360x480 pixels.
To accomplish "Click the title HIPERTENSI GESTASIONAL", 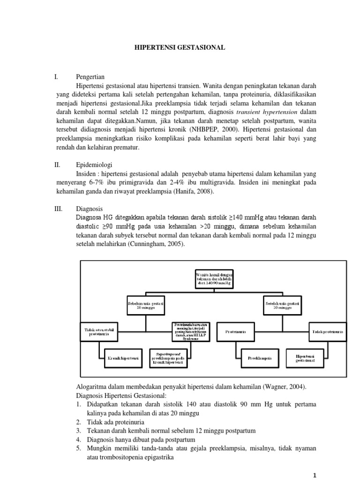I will (180, 47).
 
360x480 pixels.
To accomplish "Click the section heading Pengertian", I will (90, 77).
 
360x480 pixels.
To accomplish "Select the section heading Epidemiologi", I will (94, 165).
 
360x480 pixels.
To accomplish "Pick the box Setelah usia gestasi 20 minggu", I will (282, 306).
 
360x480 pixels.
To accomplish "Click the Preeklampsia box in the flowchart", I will (260, 359).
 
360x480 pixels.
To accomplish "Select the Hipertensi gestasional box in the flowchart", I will (305, 358).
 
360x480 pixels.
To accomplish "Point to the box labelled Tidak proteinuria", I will (328, 331).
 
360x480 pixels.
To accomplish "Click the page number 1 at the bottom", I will (315, 474).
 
